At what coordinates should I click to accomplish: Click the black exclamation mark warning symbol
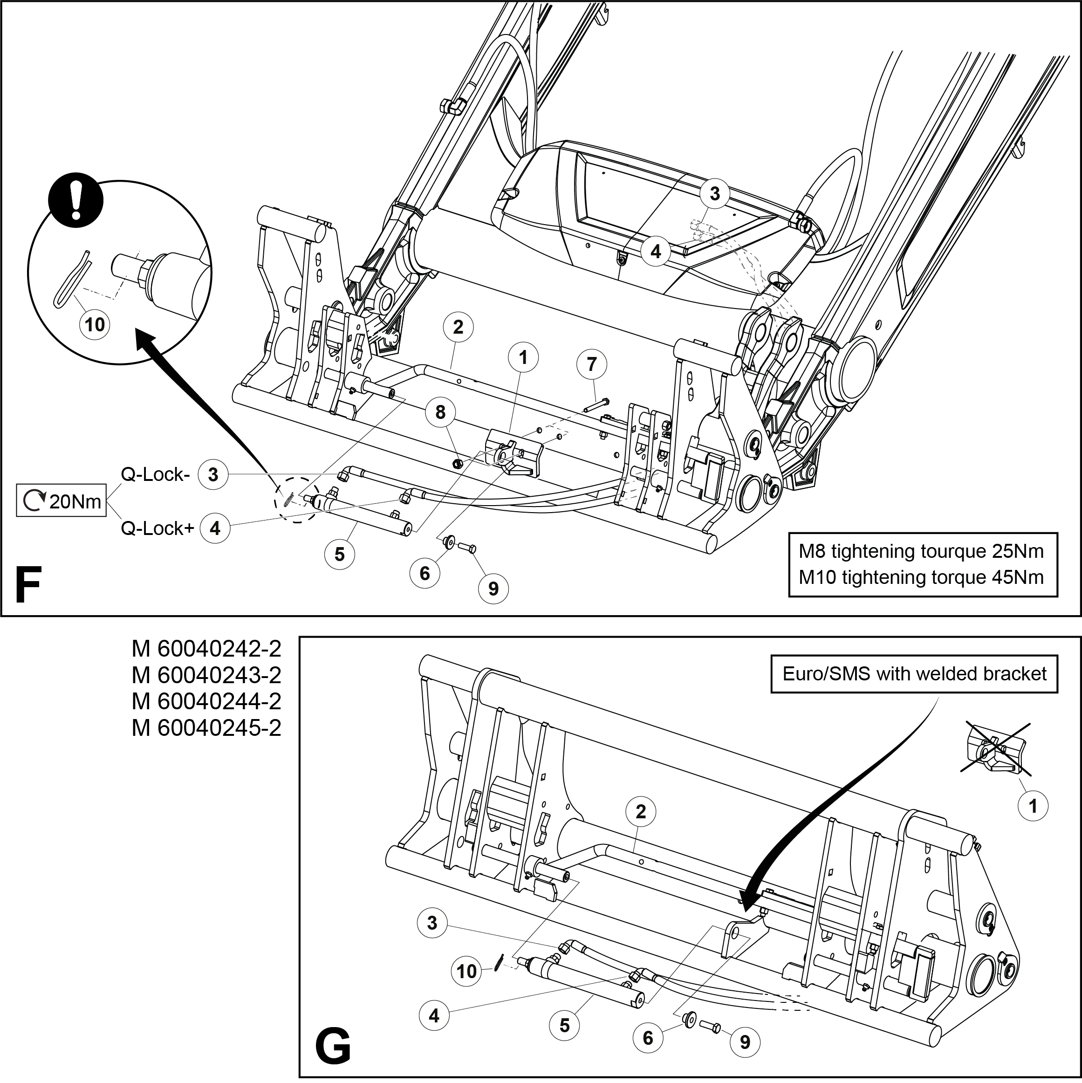(75, 202)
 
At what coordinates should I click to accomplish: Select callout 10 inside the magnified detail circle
(95, 324)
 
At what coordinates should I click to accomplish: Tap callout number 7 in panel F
(591, 364)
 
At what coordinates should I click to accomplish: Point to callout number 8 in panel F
(440, 412)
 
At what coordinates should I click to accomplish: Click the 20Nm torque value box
(62, 500)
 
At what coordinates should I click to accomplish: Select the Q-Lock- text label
(155, 474)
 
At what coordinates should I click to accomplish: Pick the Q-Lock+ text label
(158, 528)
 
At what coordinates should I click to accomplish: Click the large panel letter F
(28, 585)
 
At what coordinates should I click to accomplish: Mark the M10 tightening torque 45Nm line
(921, 577)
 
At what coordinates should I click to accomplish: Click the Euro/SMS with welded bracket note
(914, 673)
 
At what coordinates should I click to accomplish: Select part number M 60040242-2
(206, 649)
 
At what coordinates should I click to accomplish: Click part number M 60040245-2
(206, 727)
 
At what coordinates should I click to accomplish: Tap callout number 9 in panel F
(493, 589)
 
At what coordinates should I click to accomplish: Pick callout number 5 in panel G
(565, 1025)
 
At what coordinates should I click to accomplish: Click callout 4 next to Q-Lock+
(215, 528)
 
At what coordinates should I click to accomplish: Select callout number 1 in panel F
(523, 357)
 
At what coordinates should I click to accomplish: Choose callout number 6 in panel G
(648, 1038)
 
